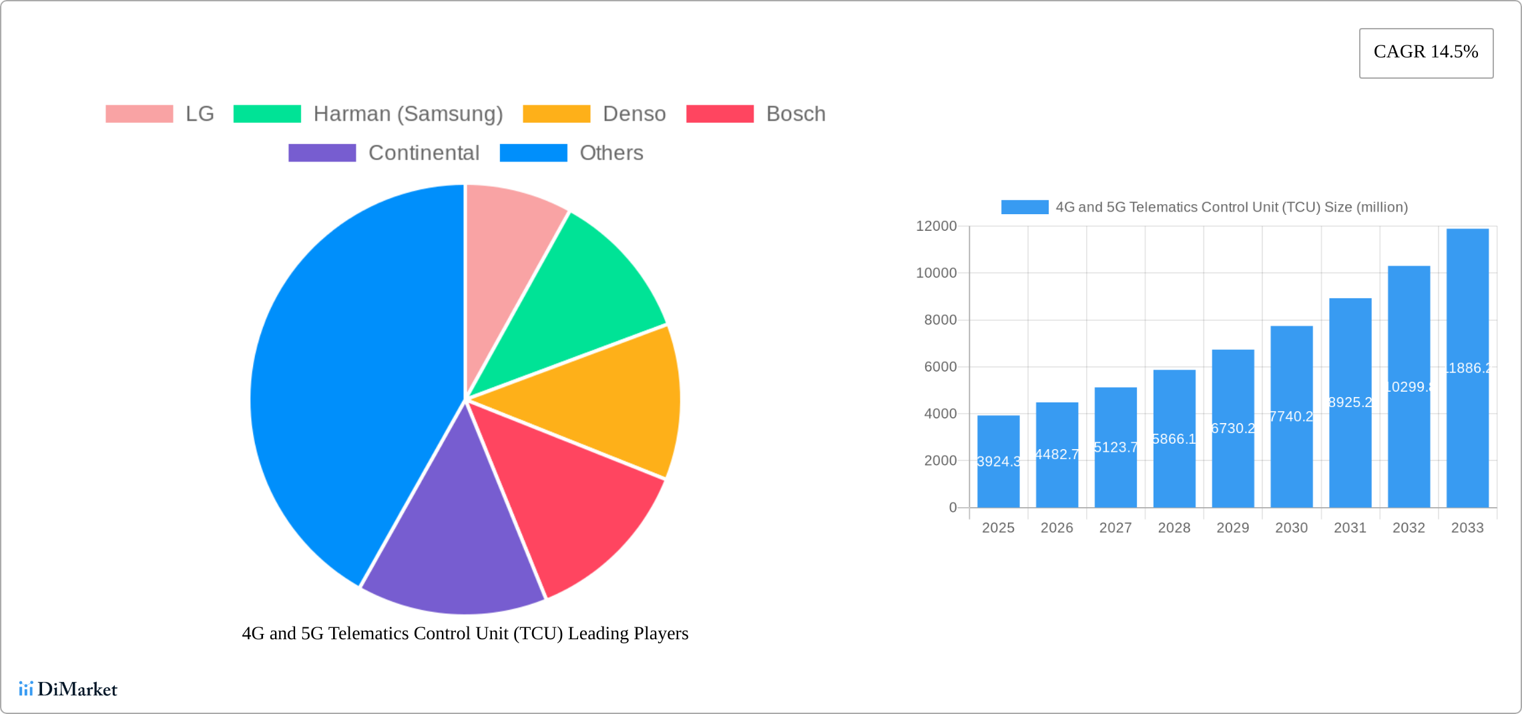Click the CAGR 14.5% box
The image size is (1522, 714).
[1426, 53]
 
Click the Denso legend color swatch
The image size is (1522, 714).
[556, 114]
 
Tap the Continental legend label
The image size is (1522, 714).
[424, 153]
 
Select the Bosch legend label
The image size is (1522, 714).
[796, 114]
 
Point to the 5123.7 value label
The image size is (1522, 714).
[1115, 447]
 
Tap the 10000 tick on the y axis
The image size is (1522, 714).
[936, 273]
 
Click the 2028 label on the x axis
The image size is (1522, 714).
[1174, 528]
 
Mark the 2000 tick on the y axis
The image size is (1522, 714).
[940, 460]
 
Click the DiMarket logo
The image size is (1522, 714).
[68, 689]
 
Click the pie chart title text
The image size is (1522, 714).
[465, 633]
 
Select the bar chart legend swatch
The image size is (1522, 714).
[1024, 207]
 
